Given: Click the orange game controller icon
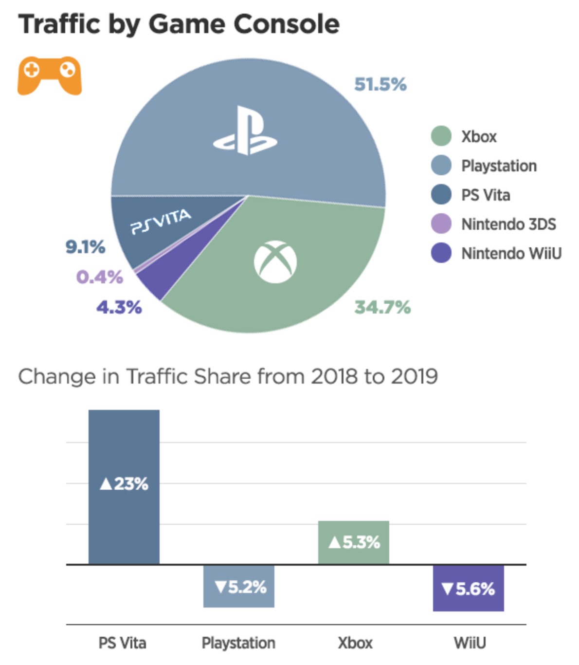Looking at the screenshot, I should click(x=49, y=75).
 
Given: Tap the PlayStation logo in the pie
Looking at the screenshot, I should click(x=245, y=131).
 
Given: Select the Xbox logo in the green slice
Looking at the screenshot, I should click(x=275, y=262).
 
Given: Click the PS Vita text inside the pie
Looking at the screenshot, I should click(x=161, y=222).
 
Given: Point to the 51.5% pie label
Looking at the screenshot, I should click(x=380, y=84).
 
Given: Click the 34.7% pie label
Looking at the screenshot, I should click(x=382, y=307).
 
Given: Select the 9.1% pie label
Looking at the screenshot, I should click(x=86, y=247).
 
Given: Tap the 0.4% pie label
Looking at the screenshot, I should click(x=100, y=277).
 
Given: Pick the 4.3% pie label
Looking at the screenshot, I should click(x=119, y=307).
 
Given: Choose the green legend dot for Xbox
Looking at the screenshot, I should click(x=441, y=136).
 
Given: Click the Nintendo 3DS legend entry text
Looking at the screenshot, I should click(x=508, y=224).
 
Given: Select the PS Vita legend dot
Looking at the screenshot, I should click(x=441, y=195).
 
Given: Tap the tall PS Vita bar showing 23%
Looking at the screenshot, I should click(x=124, y=487).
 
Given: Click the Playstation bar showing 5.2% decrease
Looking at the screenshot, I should click(x=239, y=587).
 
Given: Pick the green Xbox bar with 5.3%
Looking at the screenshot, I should click(x=354, y=542).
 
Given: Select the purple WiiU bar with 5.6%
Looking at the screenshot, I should click(x=469, y=589).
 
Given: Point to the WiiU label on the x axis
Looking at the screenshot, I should click(x=470, y=643).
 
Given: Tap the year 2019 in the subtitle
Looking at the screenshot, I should click(x=415, y=376).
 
